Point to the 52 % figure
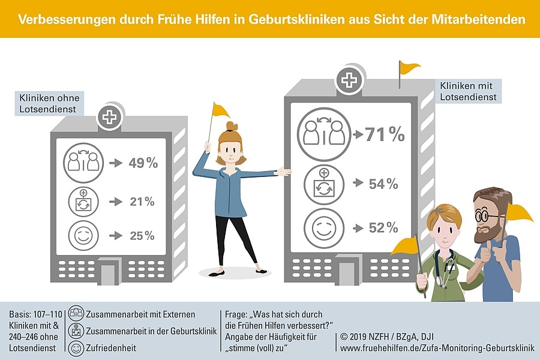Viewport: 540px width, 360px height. (384, 227)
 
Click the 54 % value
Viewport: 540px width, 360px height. (384, 184)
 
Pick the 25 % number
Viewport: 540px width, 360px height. (142, 236)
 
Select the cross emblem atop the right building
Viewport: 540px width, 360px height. (347, 80)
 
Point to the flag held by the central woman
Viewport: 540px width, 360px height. (220, 110)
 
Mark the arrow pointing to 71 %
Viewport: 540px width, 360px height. (359, 135)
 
